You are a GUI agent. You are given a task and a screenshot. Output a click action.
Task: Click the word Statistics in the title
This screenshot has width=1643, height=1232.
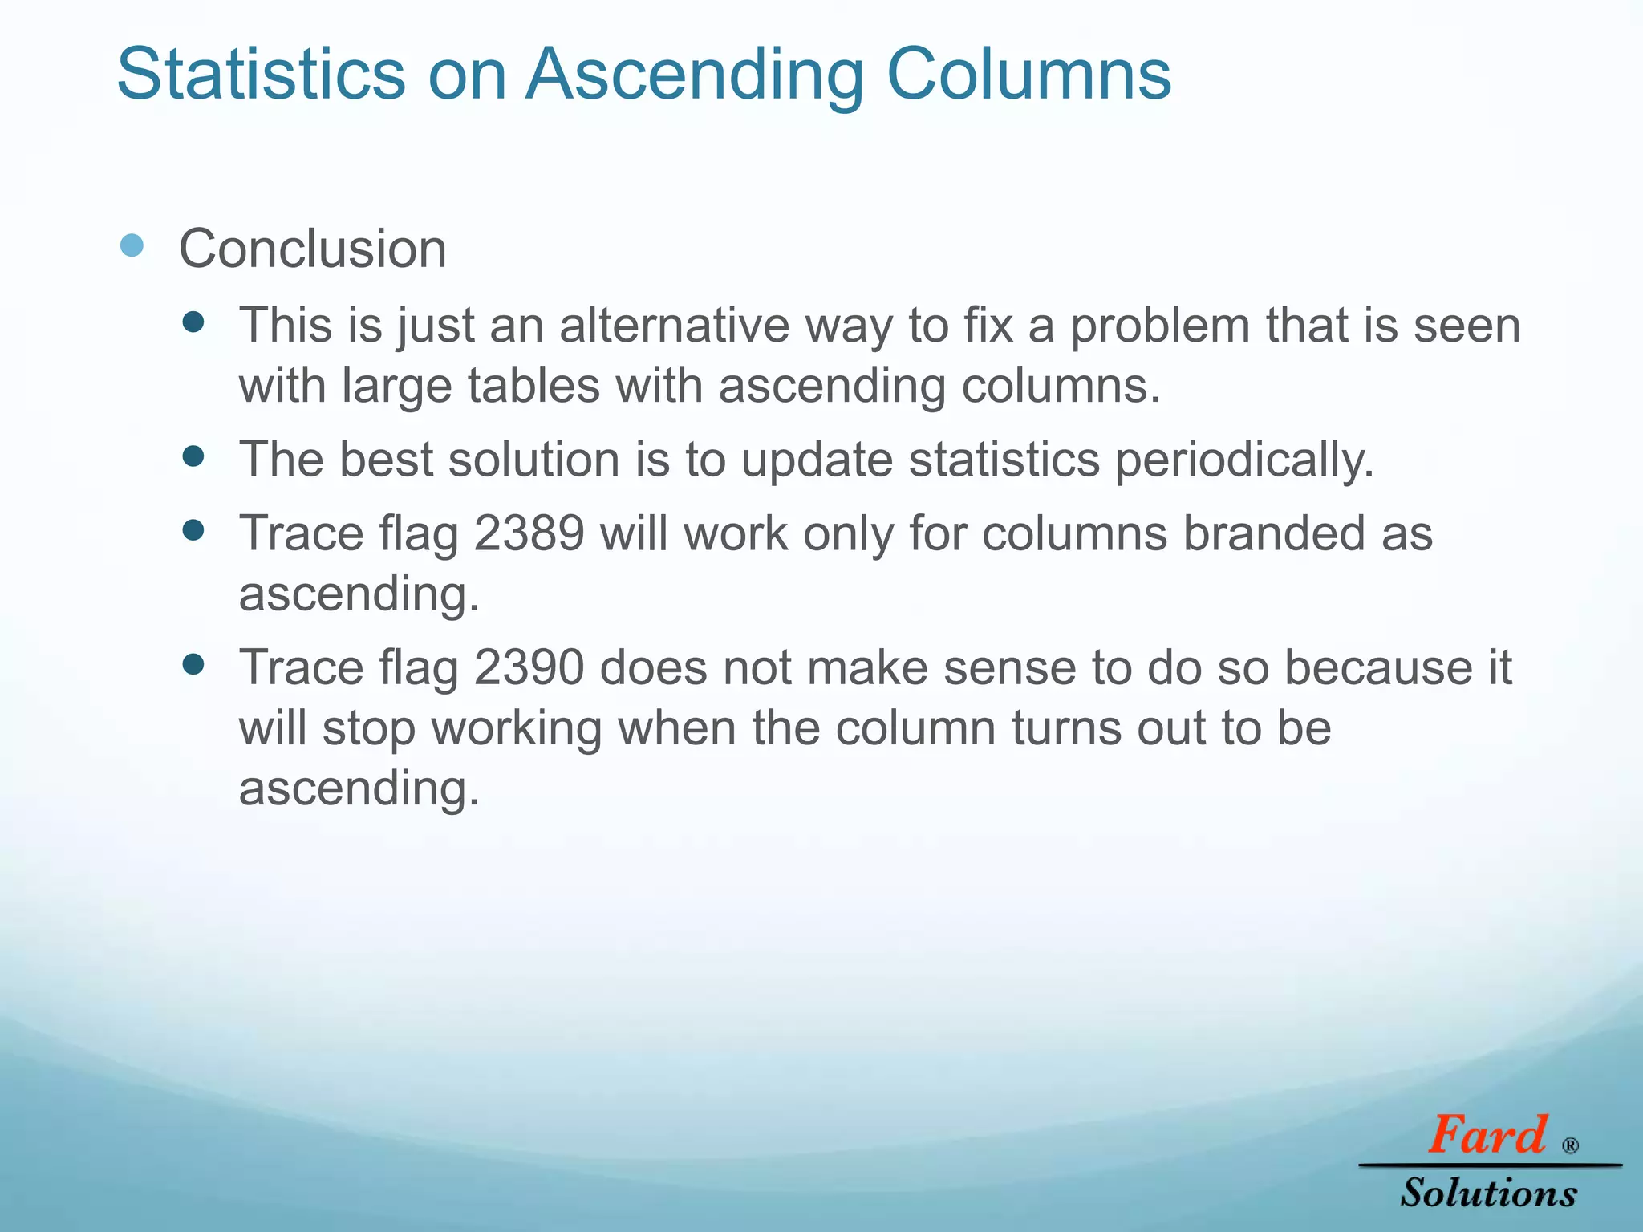[x=261, y=74]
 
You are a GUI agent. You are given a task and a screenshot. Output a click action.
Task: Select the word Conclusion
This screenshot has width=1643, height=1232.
[x=312, y=249]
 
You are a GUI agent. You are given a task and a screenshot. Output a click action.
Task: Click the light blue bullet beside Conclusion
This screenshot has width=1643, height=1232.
[x=132, y=245]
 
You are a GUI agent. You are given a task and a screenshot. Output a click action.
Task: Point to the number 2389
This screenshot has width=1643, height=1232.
[x=529, y=533]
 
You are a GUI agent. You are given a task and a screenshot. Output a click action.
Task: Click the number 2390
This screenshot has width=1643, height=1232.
[x=529, y=667]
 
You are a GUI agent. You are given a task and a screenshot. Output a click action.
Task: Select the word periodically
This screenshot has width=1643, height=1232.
[x=1244, y=460]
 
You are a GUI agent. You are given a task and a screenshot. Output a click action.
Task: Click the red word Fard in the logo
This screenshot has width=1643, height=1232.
[x=1487, y=1135]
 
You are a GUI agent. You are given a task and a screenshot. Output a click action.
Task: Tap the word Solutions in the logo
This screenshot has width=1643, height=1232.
[x=1489, y=1193]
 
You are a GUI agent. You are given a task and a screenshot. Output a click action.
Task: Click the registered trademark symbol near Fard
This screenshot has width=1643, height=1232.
[x=1571, y=1145]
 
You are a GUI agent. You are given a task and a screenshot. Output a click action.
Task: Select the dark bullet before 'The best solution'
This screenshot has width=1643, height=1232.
[x=193, y=456]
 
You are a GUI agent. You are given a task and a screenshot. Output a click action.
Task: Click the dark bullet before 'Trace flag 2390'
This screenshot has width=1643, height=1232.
[x=193, y=664]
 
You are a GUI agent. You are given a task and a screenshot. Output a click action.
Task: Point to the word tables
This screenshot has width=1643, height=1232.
[x=533, y=386]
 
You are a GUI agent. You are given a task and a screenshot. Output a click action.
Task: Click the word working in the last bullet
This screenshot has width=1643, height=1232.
[x=517, y=728]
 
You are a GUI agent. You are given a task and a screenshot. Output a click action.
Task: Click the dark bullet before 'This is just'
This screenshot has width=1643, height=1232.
[x=193, y=322]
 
